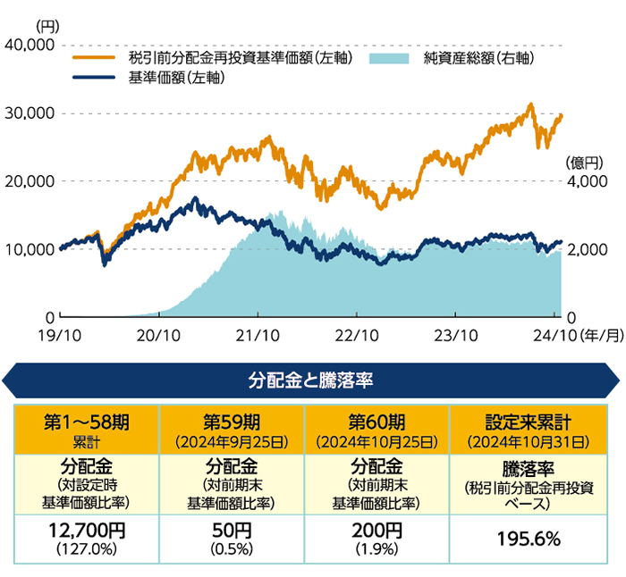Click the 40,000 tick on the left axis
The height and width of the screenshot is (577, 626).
[30, 45]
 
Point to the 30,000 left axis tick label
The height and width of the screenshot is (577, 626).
[30, 113]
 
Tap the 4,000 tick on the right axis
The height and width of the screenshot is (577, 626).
[586, 181]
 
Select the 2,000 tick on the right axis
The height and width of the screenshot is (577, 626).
[586, 249]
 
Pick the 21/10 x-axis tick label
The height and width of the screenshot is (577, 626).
[258, 334]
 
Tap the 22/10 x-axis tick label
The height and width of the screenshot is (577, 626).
[356, 334]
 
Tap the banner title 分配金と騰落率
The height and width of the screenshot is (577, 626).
[310, 380]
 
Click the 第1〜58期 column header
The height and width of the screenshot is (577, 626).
[86, 427]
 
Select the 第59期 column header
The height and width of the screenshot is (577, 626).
[232, 427]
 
